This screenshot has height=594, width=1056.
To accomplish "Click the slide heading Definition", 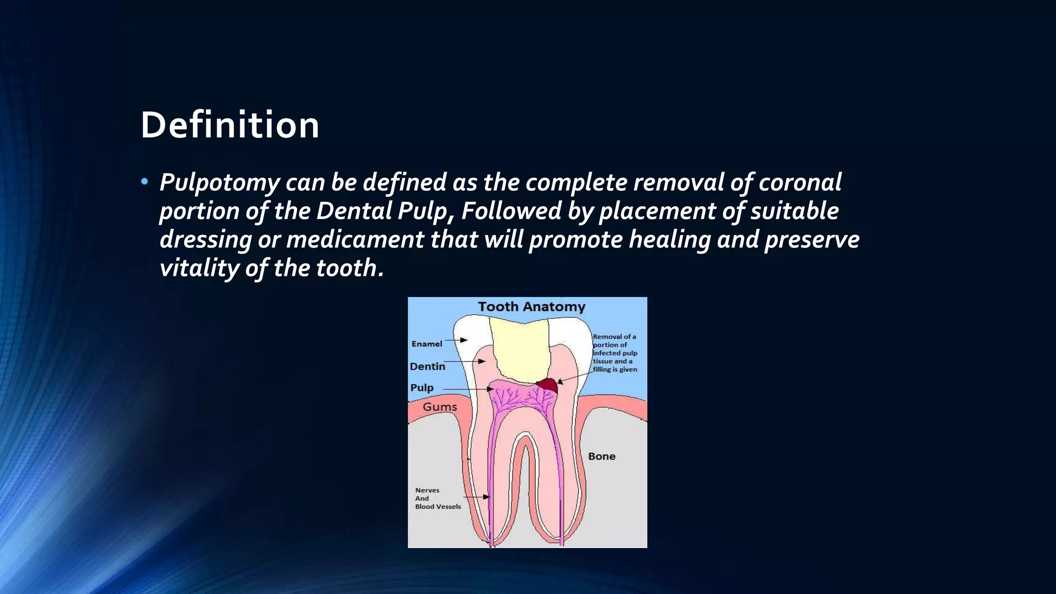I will (230, 125).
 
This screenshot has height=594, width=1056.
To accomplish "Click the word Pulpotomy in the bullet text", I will (220, 183).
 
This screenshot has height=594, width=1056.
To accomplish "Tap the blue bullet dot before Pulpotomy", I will (144, 181).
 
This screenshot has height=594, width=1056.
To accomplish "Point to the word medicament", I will (355, 240).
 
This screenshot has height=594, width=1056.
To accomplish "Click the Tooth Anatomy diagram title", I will (532, 307).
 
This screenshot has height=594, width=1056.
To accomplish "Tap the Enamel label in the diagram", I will (426, 344).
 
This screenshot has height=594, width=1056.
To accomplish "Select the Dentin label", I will (427, 367).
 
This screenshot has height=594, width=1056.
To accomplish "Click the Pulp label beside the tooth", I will (422, 388).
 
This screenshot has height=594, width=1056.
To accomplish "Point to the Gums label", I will (440, 407).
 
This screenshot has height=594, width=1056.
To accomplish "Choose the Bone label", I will (602, 456).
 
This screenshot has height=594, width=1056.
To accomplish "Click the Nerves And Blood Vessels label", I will (438, 499).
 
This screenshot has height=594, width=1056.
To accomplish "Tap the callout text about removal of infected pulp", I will (615, 353).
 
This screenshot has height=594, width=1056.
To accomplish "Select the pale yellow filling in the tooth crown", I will (519, 351).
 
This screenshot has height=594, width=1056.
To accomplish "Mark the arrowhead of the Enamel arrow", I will (465, 340).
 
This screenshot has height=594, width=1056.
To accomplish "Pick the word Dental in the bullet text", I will (355, 211).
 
